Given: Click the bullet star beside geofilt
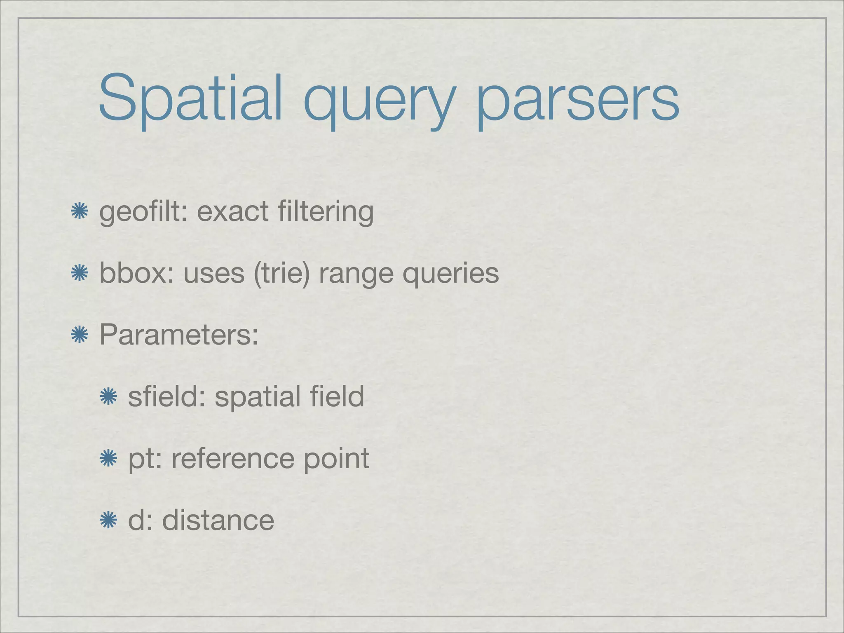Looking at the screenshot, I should [79, 211].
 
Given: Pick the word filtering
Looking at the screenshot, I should [326, 212].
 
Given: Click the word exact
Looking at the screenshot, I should [233, 211].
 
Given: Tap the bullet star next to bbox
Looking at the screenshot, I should [79, 274].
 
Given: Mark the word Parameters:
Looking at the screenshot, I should [179, 335].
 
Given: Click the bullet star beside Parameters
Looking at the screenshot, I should [79, 335].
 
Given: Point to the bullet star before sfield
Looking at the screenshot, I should [108, 396].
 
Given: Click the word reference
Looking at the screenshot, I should [232, 458].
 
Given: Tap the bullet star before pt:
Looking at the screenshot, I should [108, 458].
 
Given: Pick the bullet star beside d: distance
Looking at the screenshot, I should [108, 520].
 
